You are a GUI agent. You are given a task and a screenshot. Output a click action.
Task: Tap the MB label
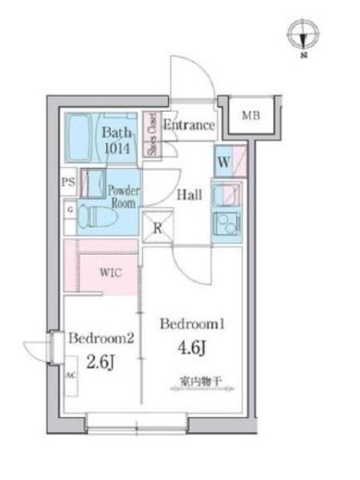pos(249,116)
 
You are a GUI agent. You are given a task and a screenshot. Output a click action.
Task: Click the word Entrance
pos(189,125)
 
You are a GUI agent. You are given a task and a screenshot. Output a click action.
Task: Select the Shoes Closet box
pos(153,135)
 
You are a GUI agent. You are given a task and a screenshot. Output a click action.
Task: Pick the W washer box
pos(224,160)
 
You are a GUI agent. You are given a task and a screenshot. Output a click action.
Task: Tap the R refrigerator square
pos(158,226)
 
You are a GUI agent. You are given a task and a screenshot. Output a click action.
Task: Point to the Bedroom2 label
pos(102,338)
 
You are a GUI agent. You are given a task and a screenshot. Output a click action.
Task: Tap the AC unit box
pos(70,376)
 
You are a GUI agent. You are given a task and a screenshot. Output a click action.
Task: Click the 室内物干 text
pos(199,380)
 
